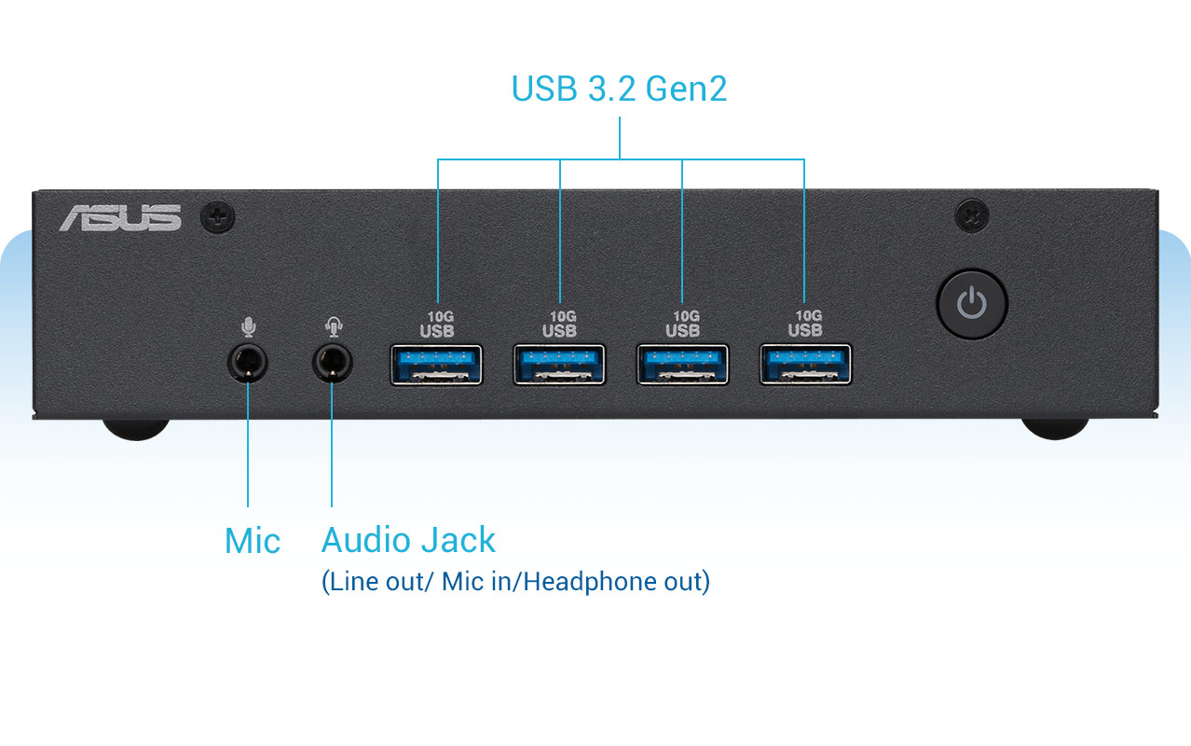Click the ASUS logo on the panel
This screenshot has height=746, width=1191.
120,217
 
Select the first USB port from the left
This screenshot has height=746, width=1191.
436,365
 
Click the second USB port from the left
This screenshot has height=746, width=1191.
559,365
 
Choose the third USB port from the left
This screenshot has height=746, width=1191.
682,365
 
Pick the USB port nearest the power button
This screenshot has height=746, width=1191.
805,365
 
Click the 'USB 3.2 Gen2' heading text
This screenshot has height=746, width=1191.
619,89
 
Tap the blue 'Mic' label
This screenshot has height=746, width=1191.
253,541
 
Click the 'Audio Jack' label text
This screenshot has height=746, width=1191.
408,540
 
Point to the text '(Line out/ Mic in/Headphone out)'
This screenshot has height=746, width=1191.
515,582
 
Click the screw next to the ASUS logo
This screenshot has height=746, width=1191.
218,218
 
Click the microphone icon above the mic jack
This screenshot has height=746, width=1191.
248,327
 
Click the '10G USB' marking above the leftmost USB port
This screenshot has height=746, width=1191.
437,324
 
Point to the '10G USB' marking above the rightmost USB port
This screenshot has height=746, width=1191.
805,324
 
